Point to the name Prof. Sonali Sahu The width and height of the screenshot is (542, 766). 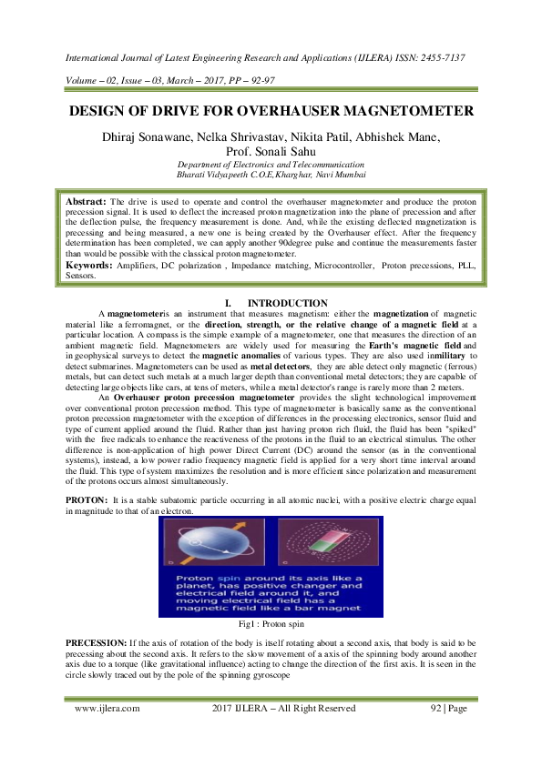271,152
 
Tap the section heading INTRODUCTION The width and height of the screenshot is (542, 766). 288,303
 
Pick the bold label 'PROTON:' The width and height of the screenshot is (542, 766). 87,502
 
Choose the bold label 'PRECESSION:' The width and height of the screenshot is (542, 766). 95,642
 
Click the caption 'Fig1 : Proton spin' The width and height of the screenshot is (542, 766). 271,625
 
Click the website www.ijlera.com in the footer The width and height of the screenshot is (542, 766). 107,707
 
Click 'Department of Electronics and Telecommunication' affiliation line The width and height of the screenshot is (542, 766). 271,164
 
